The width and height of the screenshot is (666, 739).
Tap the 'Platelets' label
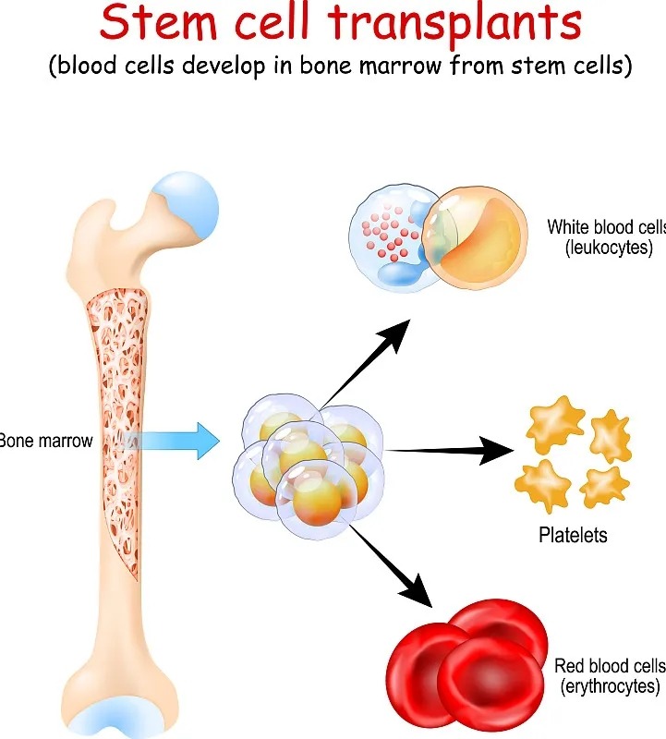[573, 535]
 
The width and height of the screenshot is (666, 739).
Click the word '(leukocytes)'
[600, 248]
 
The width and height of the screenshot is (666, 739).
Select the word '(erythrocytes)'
[611, 686]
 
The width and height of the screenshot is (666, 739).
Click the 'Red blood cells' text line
[609, 666]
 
